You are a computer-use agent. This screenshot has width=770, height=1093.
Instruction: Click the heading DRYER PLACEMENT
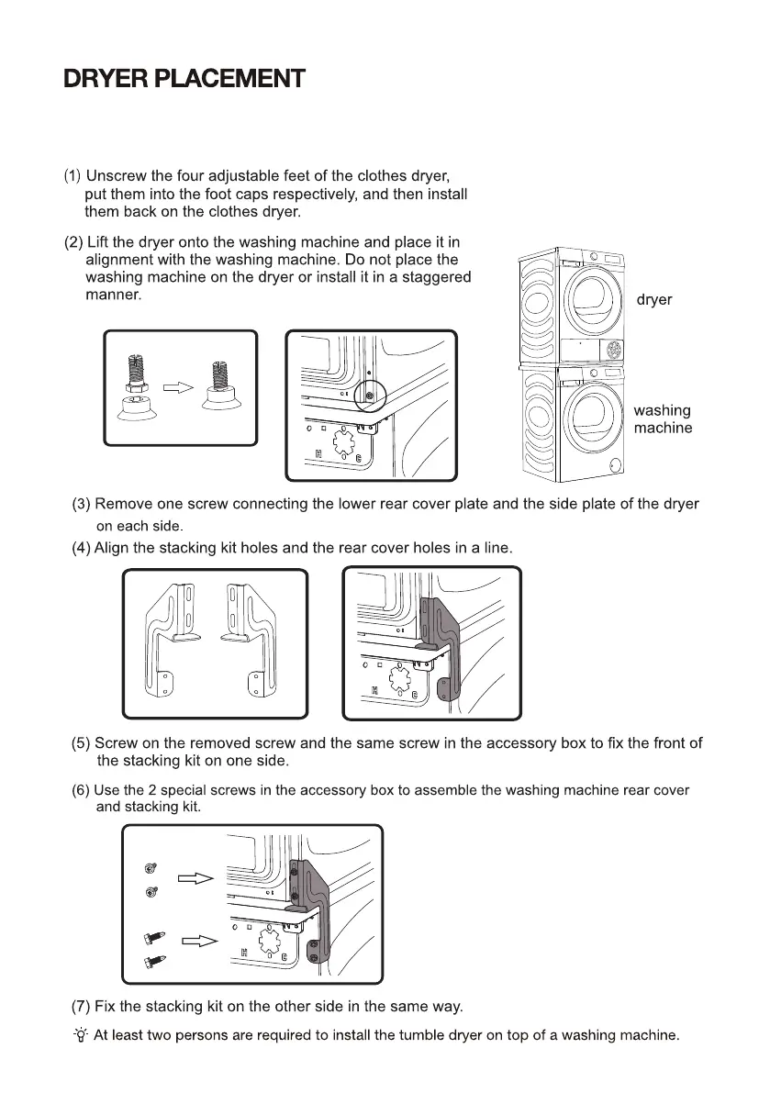184,79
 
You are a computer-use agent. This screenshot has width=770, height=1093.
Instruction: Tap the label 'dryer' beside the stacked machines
653,300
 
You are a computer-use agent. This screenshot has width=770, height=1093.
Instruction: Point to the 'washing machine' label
663,419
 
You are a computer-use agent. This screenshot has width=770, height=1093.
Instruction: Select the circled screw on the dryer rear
369,396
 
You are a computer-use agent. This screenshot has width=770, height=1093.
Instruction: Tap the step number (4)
81,548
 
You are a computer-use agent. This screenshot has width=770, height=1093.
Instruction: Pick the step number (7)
81,1006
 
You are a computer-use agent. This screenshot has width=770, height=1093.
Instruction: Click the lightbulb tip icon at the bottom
81,1036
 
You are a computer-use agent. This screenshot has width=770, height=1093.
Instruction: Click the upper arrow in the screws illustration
195,878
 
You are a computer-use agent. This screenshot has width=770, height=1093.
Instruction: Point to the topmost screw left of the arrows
150,868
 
